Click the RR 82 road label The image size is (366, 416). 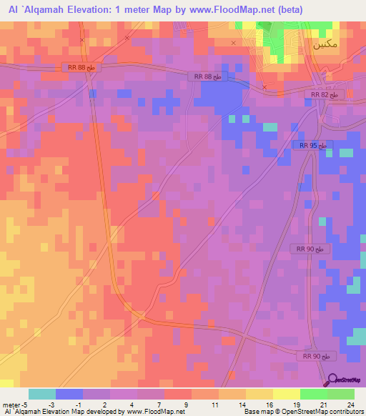(x=329, y=94)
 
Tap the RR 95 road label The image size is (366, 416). (x=313, y=145)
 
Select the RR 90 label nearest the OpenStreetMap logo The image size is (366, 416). (x=315, y=356)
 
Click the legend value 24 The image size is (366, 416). (x=350, y=404)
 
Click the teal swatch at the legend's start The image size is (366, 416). (x=41, y=394)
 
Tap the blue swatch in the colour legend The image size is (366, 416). (x=69, y=394)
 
